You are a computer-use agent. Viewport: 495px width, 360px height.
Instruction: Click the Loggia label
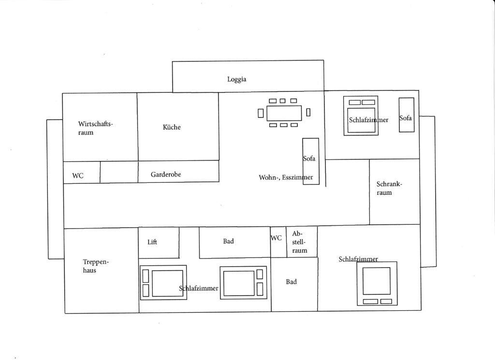pyautogui.click(x=237, y=79)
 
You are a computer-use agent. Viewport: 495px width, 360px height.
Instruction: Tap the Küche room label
pyautogui.click(x=172, y=127)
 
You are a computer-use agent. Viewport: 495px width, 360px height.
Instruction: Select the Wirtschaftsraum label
pyautogui.click(x=95, y=128)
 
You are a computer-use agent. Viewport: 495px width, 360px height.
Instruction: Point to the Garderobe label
pyautogui.click(x=166, y=174)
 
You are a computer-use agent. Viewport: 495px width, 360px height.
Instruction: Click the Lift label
pyautogui.click(x=152, y=242)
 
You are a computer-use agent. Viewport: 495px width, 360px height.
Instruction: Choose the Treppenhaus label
pyautogui.click(x=96, y=266)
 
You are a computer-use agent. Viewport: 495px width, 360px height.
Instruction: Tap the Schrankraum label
pyautogui.click(x=389, y=188)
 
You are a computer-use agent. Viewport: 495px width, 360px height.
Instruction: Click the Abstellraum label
pyautogui.click(x=300, y=242)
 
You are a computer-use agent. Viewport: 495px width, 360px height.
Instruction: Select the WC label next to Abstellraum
pyautogui.click(x=276, y=238)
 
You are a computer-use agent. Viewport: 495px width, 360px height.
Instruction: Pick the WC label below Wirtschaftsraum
pyautogui.click(x=78, y=175)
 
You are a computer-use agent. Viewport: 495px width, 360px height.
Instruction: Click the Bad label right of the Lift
pyautogui.click(x=228, y=241)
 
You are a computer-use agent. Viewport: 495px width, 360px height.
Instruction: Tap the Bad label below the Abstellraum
pyautogui.click(x=291, y=282)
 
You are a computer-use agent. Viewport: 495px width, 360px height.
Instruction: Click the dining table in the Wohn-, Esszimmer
pyautogui.click(x=284, y=113)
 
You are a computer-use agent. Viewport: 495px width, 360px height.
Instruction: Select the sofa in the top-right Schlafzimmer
pyautogui.click(x=407, y=115)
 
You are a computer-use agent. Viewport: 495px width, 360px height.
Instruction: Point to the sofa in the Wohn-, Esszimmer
pyautogui.click(x=311, y=161)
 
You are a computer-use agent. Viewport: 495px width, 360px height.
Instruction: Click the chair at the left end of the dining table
pyautogui.click(x=261, y=113)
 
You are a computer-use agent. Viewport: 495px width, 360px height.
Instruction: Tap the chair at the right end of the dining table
pyautogui.click(x=308, y=112)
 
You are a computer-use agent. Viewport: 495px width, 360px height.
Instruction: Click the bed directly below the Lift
pyautogui.click(x=163, y=282)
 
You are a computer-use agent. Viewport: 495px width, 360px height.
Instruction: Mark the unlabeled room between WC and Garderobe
pyautogui.click(x=119, y=172)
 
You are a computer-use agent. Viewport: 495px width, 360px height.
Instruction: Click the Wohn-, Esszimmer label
pyautogui.click(x=286, y=177)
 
